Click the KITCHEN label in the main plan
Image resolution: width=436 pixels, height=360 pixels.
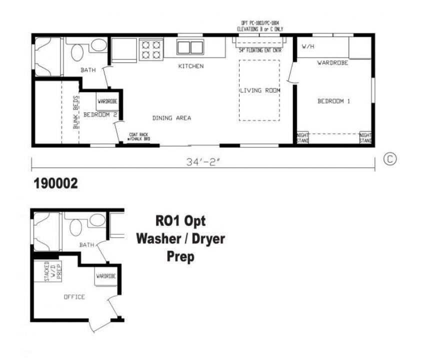[x=191, y=66]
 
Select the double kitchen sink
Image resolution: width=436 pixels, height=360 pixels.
[x=190, y=47]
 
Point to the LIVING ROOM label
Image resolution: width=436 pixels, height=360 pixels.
[x=259, y=90]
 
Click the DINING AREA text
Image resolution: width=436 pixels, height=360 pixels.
[x=171, y=118]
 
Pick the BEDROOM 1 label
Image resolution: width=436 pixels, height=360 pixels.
[x=333, y=101]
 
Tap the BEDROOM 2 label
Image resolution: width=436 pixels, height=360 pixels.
[x=100, y=114]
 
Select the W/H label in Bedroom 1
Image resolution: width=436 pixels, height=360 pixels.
[x=307, y=46]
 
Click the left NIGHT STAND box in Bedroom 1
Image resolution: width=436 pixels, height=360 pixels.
[x=302, y=137]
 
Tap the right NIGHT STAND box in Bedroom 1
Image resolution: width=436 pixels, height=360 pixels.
[x=365, y=137]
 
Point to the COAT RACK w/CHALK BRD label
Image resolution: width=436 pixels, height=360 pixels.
[x=138, y=136]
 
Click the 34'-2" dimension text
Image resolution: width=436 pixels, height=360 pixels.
[x=202, y=162]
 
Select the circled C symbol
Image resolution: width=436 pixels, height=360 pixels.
[x=389, y=159]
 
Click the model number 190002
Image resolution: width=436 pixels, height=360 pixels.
[x=55, y=183]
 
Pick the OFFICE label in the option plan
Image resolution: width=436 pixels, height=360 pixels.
[x=74, y=297]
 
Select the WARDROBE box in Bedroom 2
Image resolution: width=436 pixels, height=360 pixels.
[x=107, y=102]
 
